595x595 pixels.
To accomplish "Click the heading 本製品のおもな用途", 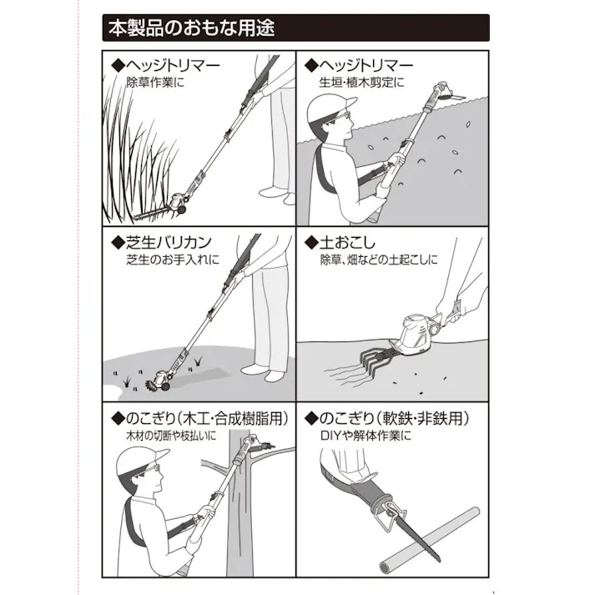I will pyautogui.click(x=191, y=28).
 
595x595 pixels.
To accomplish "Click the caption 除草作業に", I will pyautogui.click(x=155, y=83).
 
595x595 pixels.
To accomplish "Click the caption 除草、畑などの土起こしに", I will pyautogui.click(x=378, y=260).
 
